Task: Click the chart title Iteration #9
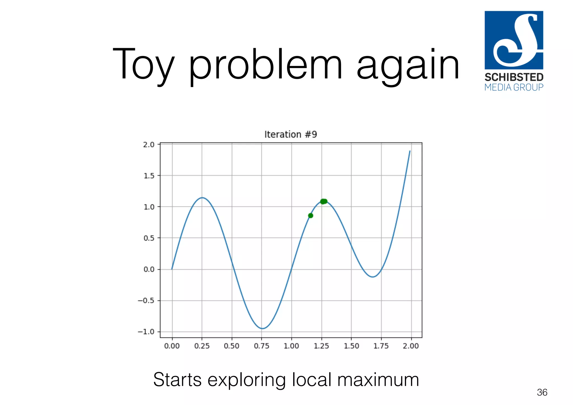290,135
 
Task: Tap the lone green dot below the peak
311,216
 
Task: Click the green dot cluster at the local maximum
324,201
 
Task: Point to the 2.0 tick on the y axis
149,145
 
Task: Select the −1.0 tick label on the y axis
146,332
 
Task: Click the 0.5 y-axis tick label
149,238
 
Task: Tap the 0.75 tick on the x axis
262,346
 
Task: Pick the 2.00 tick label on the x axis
411,346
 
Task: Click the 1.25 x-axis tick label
321,346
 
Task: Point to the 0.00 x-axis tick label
172,346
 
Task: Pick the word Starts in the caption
177,380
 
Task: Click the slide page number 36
542,392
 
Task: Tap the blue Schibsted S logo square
514,40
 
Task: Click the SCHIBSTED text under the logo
514,77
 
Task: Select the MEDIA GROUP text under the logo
514,88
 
